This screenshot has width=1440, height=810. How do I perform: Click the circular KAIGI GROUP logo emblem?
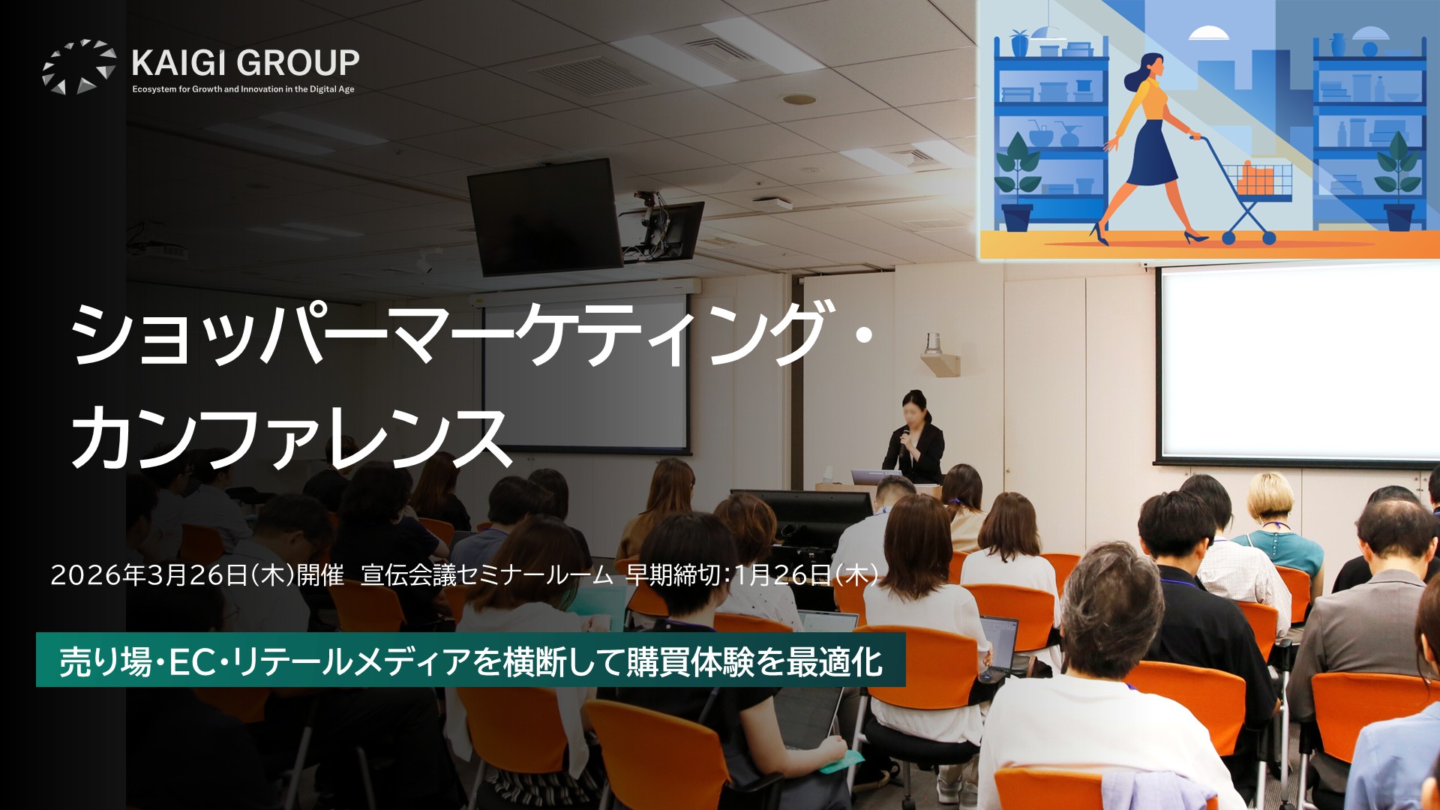(79, 67)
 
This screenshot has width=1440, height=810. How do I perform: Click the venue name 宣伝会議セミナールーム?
(487, 575)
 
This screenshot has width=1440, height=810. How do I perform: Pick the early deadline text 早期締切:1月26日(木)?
(751, 575)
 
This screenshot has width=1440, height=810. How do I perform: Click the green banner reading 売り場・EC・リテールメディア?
(470, 660)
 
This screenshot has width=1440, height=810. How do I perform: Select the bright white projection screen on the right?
(1299, 365)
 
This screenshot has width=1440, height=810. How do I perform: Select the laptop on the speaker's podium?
(876, 477)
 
